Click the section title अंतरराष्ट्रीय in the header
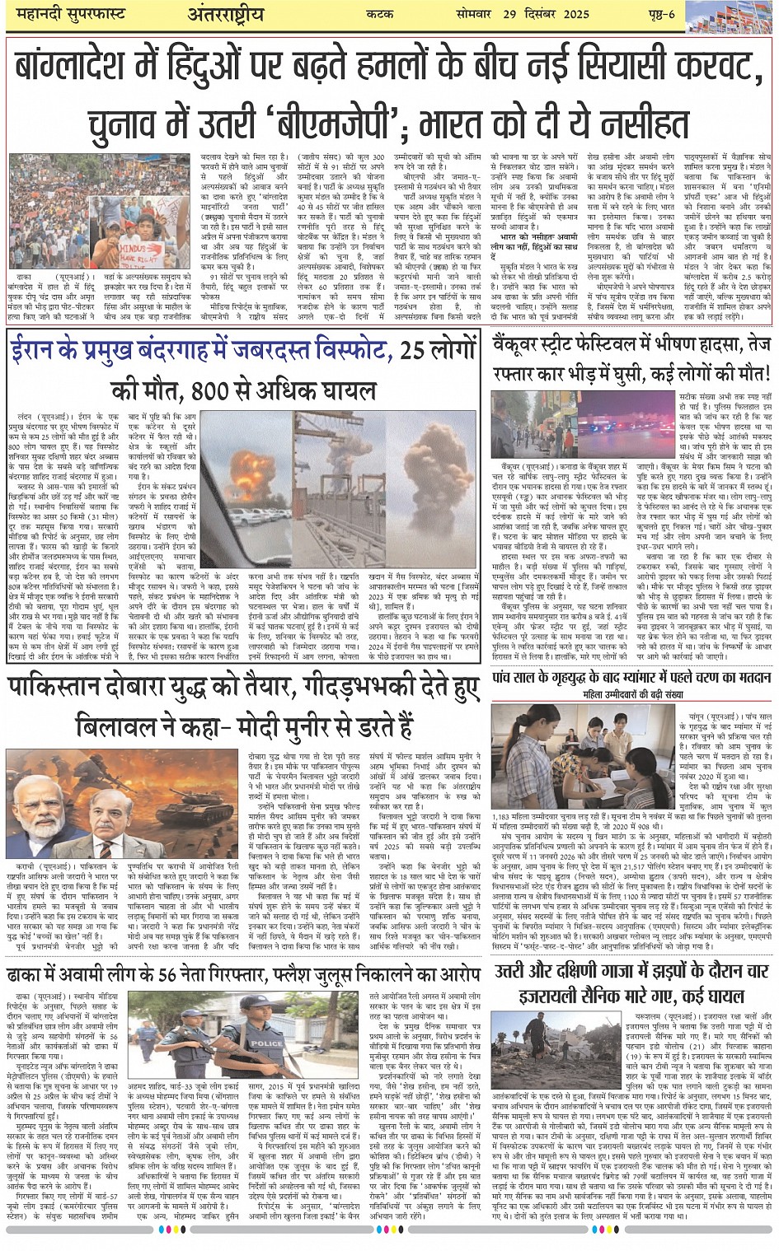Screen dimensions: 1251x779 click(225, 15)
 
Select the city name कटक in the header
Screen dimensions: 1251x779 click(398, 15)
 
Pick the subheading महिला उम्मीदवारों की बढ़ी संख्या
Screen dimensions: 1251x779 click(633, 695)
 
